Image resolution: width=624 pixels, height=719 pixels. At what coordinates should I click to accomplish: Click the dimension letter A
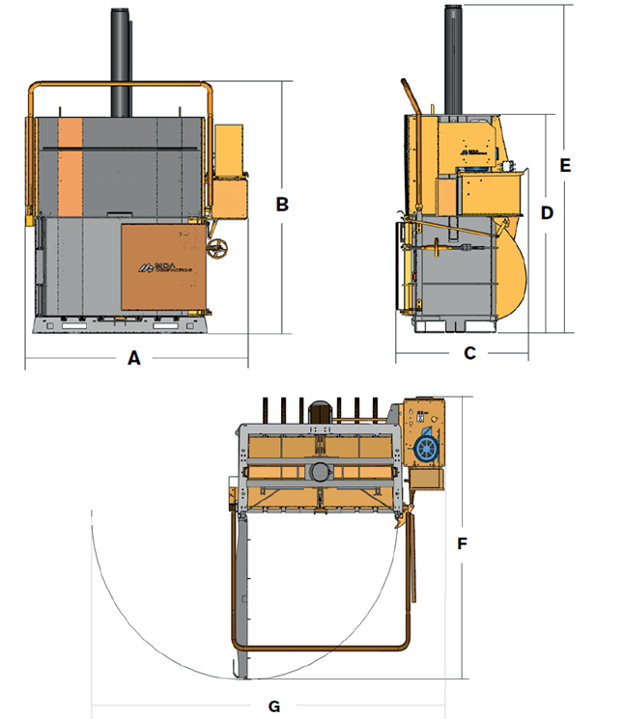point(134,358)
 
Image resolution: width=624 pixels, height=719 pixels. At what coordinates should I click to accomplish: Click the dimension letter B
point(282,204)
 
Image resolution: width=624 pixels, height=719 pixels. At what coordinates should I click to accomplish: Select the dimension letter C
point(469,353)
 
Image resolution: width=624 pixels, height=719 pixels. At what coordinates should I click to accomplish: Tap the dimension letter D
point(546,212)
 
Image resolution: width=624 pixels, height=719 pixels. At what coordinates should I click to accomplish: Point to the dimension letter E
point(566,165)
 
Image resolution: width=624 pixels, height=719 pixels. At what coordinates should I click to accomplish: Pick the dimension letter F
point(463,544)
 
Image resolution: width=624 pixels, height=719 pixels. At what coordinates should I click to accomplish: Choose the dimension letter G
point(274,706)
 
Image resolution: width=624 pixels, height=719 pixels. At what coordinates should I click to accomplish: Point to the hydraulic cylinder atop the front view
point(122,63)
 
